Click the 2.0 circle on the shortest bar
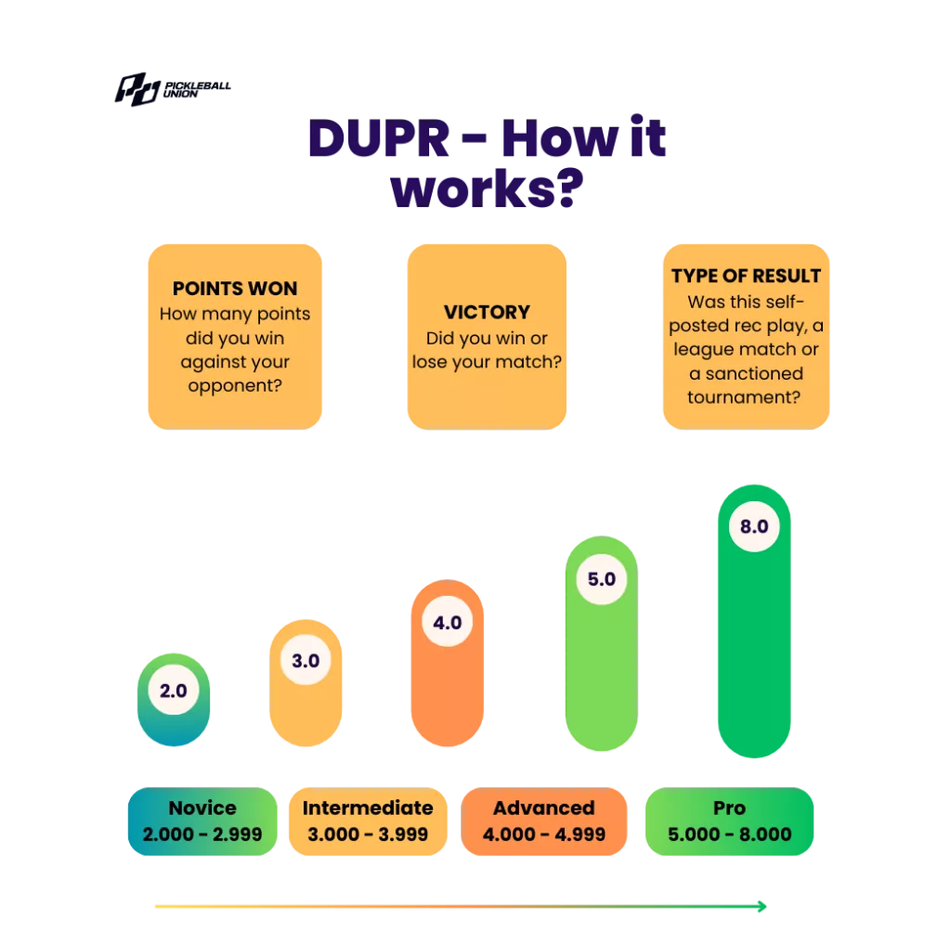tap(174, 691)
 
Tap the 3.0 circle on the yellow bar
tap(306, 661)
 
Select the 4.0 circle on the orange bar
tap(448, 623)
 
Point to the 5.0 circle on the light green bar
tap(602, 579)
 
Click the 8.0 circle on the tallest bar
tap(753, 526)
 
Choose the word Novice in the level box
tap(202, 807)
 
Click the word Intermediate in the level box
tap(368, 807)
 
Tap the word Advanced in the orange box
tap(543, 807)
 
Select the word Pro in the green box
tap(729, 807)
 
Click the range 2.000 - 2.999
tap(202, 834)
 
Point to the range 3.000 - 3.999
tap(368, 834)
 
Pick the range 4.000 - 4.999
tap(543, 834)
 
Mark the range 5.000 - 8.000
tap(729, 834)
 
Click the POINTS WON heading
tap(235, 289)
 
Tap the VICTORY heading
tap(487, 312)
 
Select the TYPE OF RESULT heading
tap(746, 276)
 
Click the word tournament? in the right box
tap(746, 397)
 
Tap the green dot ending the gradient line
tap(762, 905)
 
